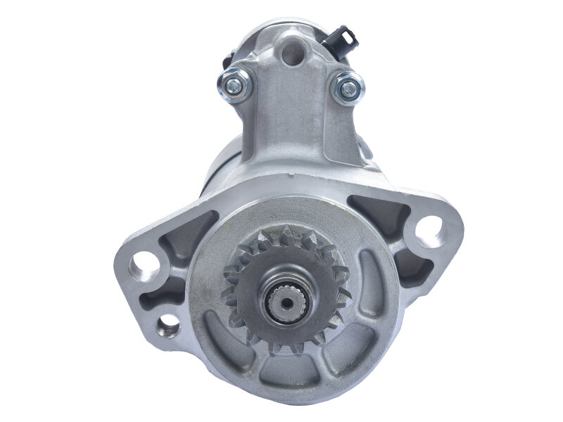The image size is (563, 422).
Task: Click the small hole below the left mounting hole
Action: click(168, 324)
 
